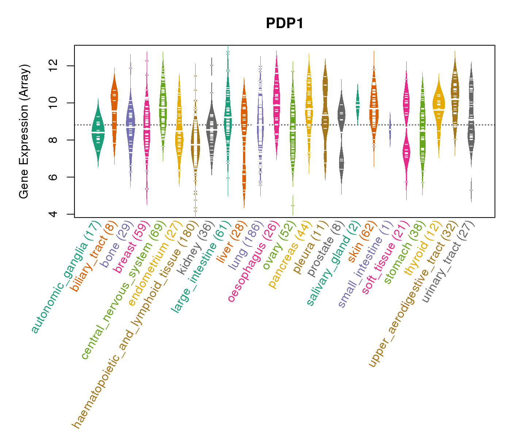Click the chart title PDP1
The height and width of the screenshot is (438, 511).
(285, 24)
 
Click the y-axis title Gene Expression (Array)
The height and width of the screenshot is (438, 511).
(24, 131)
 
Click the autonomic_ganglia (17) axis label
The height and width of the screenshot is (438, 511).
(66, 277)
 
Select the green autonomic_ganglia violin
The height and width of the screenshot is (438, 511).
(98, 133)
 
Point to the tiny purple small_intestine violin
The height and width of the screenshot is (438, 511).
(390, 130)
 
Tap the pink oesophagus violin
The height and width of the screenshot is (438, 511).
(277, 102)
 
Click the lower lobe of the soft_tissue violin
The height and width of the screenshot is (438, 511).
(406, 151)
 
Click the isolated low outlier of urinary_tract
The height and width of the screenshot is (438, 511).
(471, 190)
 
